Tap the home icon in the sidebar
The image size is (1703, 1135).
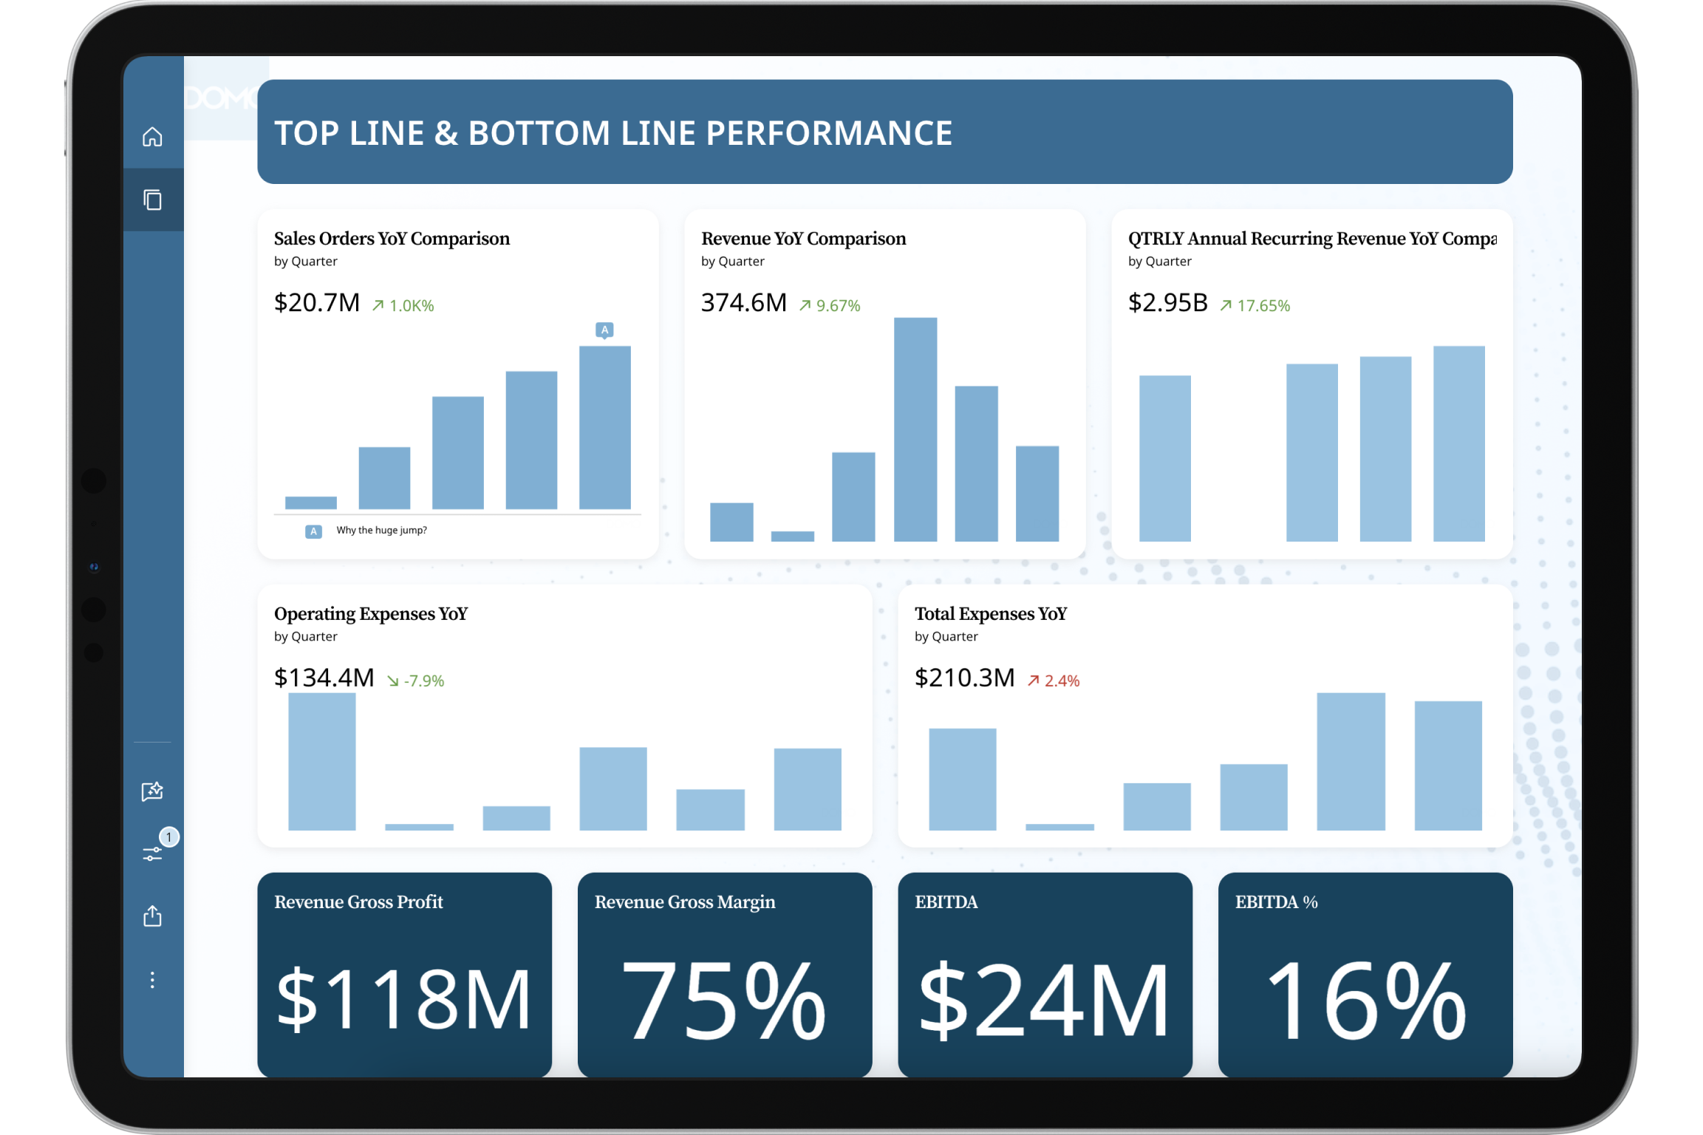click(x=152, y=137)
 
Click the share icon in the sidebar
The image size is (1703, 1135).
click(x=152, y=916)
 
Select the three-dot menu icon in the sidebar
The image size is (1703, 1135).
click(x=152, y=980)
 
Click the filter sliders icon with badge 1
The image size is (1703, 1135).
click(x=153, y=853)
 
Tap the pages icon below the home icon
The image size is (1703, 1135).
click(x=153, y=200)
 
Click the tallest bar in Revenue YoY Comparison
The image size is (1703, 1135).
click(x=915, y=429)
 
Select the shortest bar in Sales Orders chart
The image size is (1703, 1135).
click(x=310, y=502)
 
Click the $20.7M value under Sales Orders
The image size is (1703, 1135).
click(x=316, y=303)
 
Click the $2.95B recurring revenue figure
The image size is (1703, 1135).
click(x=1167, y=303)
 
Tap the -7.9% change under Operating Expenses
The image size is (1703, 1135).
click(x=416, y=681)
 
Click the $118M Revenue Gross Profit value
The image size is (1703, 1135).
click(x=403, y=999)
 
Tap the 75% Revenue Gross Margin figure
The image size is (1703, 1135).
click(x=724, y=999)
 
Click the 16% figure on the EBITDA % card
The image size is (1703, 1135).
click(x=1365, y=999)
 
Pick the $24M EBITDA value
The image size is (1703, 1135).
click(x=1044, y=999)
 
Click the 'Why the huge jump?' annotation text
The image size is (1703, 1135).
click(x=381, y=530)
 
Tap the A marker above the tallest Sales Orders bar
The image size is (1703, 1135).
click(x=604, y=330)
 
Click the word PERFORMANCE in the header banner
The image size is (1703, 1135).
click(x=829, y=133)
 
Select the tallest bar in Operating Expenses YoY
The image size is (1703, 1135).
click(x=321, y=761)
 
